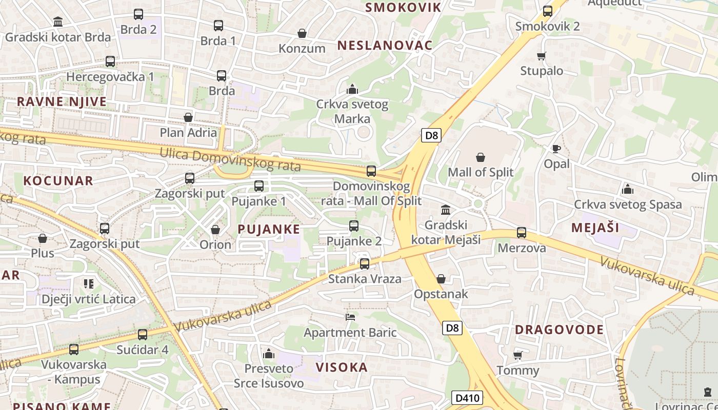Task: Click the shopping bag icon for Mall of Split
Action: tap(481, 157)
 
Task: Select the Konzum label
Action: tap(302, 49)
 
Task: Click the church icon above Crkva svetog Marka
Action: tap(352, 89)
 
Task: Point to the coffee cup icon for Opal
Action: tap(556, 149)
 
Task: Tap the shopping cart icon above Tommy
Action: tap(517, 355)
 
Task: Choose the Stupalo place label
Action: tap(542, 71)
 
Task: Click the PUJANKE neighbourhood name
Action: tap(269, 229)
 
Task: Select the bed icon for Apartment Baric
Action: tap(350, 317)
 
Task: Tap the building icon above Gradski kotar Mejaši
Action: tap(446, 210)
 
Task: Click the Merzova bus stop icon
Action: tap(522, 233)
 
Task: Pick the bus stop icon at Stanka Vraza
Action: tap(364, 264)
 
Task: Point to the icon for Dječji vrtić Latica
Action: tap(89, 283)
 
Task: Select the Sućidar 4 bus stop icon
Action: tap(143, 335)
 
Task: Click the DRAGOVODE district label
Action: tap(560, 330)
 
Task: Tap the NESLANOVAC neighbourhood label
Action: tap(385, 45)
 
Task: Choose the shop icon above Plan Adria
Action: tap(188, 117)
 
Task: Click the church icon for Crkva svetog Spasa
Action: tap(628, 189)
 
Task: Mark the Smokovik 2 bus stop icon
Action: tap(548, 11)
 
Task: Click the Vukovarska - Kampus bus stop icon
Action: tap(74, 350)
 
